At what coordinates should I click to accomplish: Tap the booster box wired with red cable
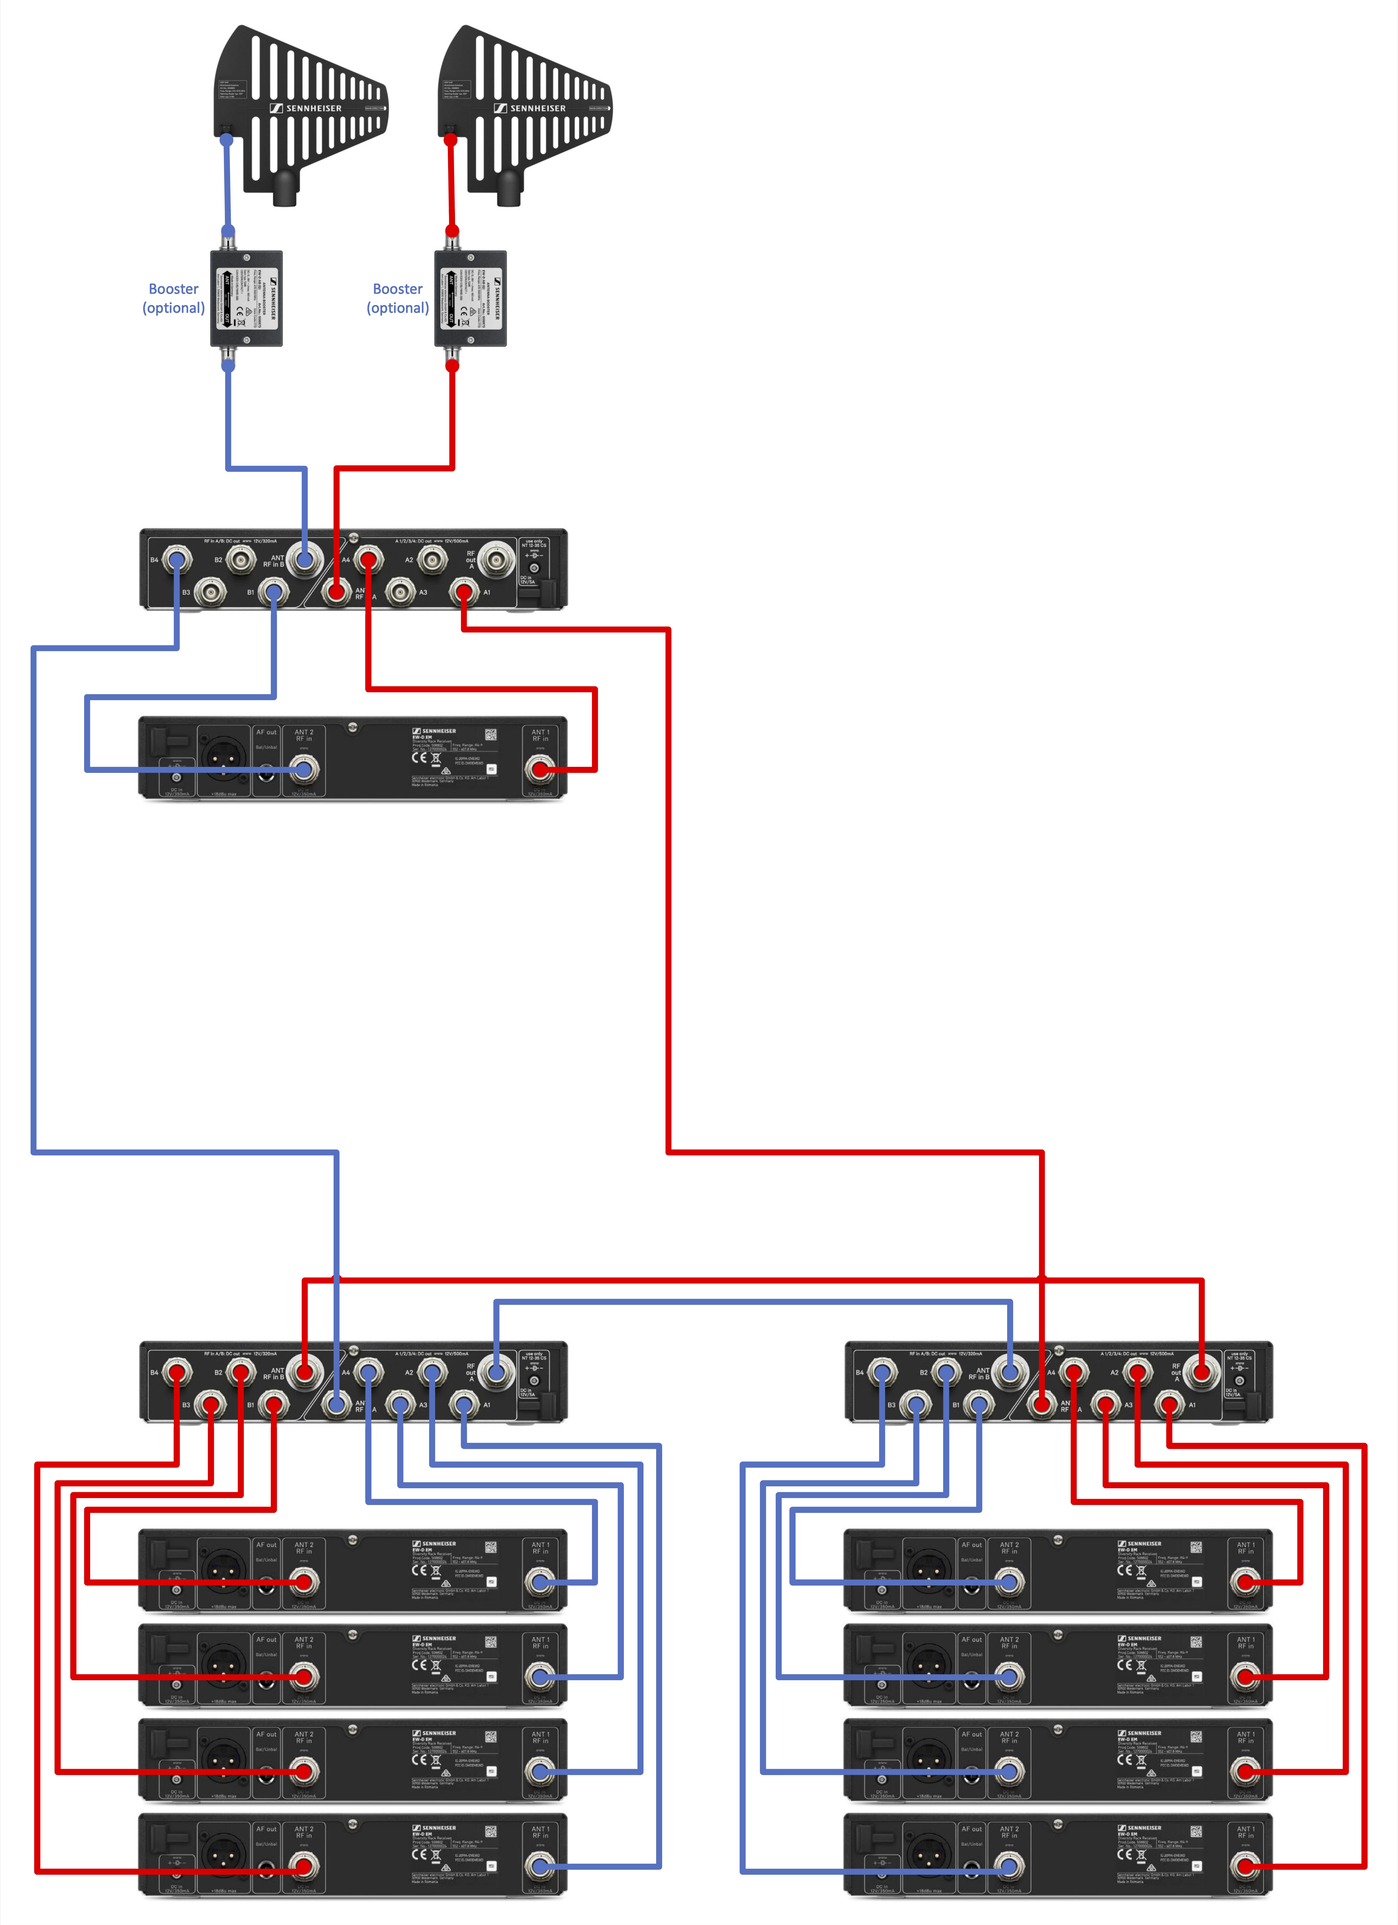click(x=470, y=299)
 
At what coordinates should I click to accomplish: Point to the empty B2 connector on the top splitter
click(x=241, y=559)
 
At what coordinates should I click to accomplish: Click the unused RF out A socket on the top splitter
click(x=496, y=559)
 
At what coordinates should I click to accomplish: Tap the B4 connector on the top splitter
click(x=176, y=559)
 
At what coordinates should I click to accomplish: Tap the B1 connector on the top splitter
click(x=273, y=592)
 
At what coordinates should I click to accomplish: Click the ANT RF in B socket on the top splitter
click(x=305, y=559)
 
